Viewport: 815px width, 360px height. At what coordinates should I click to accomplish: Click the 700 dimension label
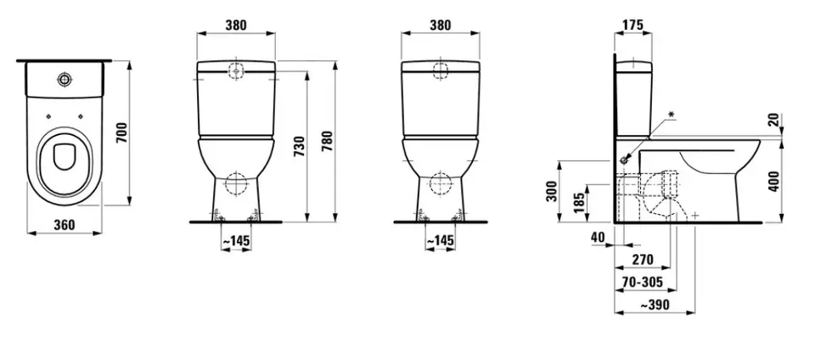coord(121,133)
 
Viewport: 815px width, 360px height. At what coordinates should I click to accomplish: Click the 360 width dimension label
coord(65,225)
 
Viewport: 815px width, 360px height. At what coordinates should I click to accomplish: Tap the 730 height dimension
coord(298,147)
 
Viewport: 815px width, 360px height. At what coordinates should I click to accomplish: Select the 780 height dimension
coord(327,141)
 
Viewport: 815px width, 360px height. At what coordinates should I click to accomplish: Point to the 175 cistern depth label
coord(632,25)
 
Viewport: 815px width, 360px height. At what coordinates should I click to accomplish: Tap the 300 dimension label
coord(552,191)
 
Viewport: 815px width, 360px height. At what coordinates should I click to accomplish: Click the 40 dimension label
coord(598,237)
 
